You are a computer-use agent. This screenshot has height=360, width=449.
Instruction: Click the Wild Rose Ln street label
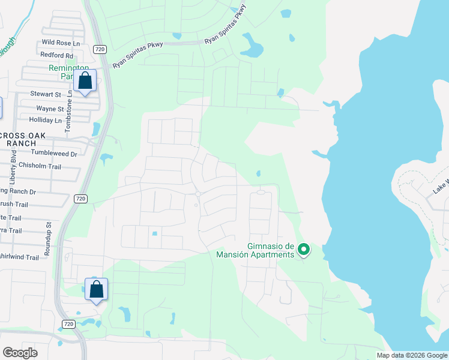60,43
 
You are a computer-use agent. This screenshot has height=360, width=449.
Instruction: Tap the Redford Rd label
56,55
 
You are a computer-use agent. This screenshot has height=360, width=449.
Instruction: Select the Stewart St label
46,95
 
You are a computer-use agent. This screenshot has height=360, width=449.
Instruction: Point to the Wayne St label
50,109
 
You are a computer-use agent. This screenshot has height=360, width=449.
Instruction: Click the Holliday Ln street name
46,120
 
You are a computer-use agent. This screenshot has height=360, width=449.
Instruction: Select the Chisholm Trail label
40,165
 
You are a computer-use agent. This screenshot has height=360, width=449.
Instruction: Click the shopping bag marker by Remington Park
85,81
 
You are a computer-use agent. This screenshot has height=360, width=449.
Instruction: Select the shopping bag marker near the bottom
96,290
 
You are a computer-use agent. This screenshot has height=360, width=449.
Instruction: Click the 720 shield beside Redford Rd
100,49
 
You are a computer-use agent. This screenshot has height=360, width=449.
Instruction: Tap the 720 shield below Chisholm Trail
80,198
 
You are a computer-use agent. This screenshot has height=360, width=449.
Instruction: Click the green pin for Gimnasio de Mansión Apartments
304,249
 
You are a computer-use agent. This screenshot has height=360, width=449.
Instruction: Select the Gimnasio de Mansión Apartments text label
256,250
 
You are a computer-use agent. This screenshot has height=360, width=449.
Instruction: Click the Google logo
20,353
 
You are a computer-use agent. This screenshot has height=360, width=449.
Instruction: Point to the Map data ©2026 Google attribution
412,355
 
